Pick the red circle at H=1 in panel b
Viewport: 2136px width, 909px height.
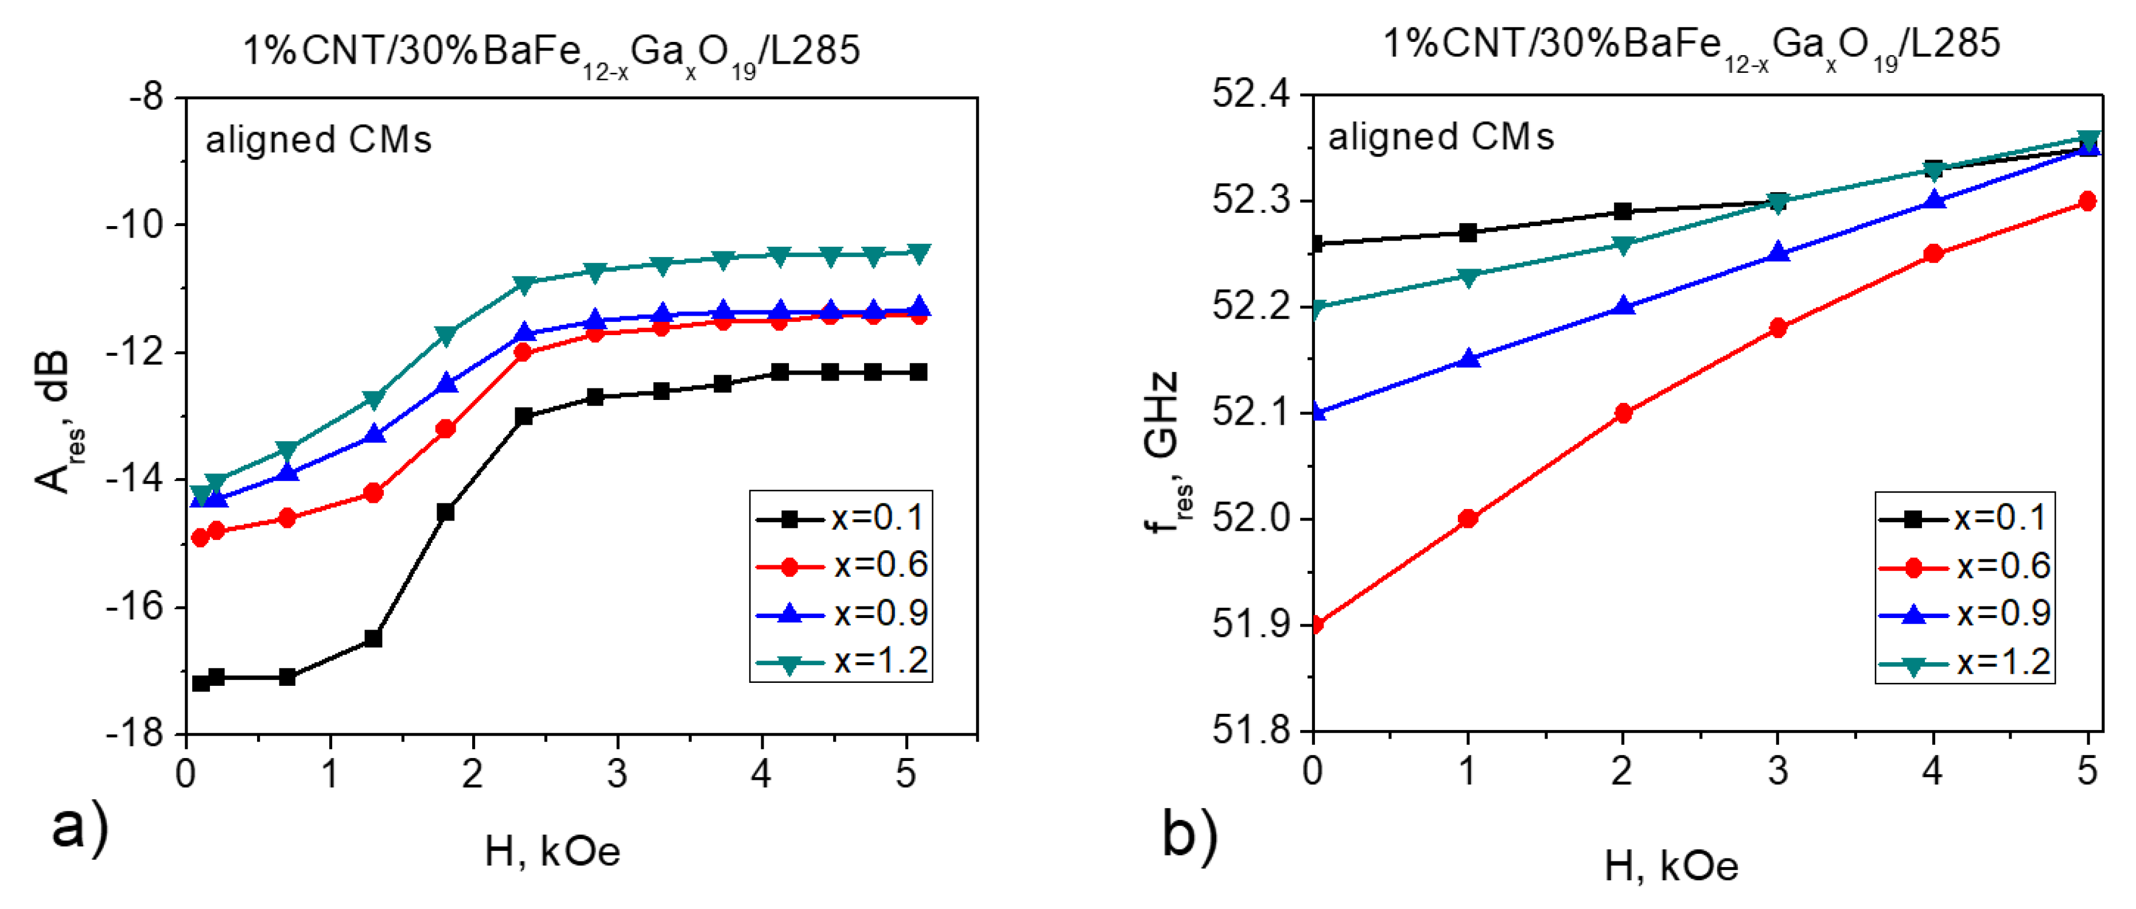click(1468, 518)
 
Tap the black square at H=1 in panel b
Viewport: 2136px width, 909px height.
click(1468, 233)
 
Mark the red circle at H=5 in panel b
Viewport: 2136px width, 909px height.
click(2087, 201)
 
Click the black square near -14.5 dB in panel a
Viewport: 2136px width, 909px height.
click(445, 512)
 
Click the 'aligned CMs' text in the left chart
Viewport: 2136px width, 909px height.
click(318, 139)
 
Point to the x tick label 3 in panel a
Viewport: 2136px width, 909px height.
click(616, 774)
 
